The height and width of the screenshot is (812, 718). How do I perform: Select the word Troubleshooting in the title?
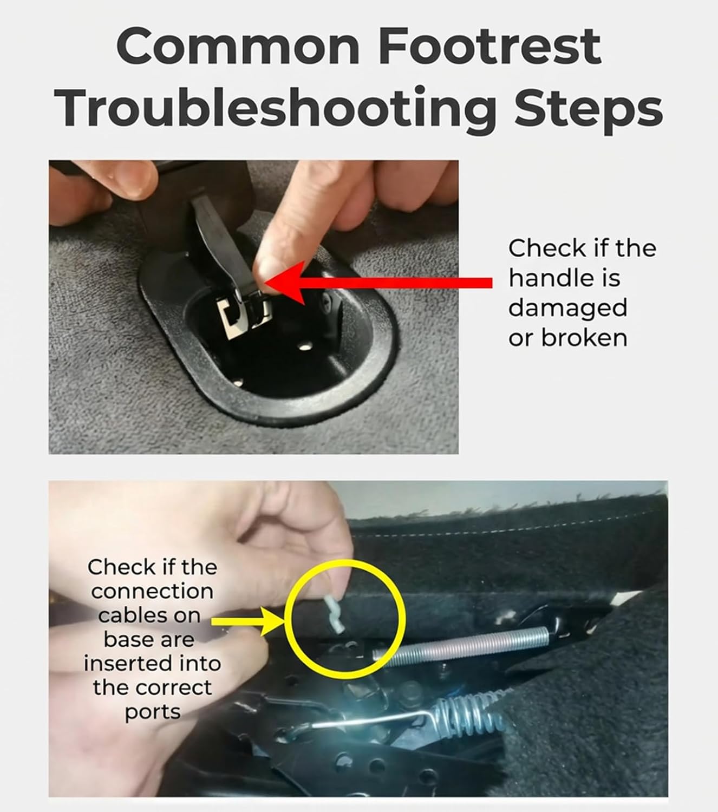(276, 109)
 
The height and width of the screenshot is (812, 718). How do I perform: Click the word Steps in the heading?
(588, 109)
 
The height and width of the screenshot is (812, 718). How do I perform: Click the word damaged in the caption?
(567, 308)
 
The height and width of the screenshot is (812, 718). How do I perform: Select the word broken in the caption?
(584, 337)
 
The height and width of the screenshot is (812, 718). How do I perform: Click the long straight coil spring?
(461, 646)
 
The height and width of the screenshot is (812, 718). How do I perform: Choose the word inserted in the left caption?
(128, 663)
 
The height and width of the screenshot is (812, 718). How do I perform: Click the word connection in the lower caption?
(152, 591)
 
